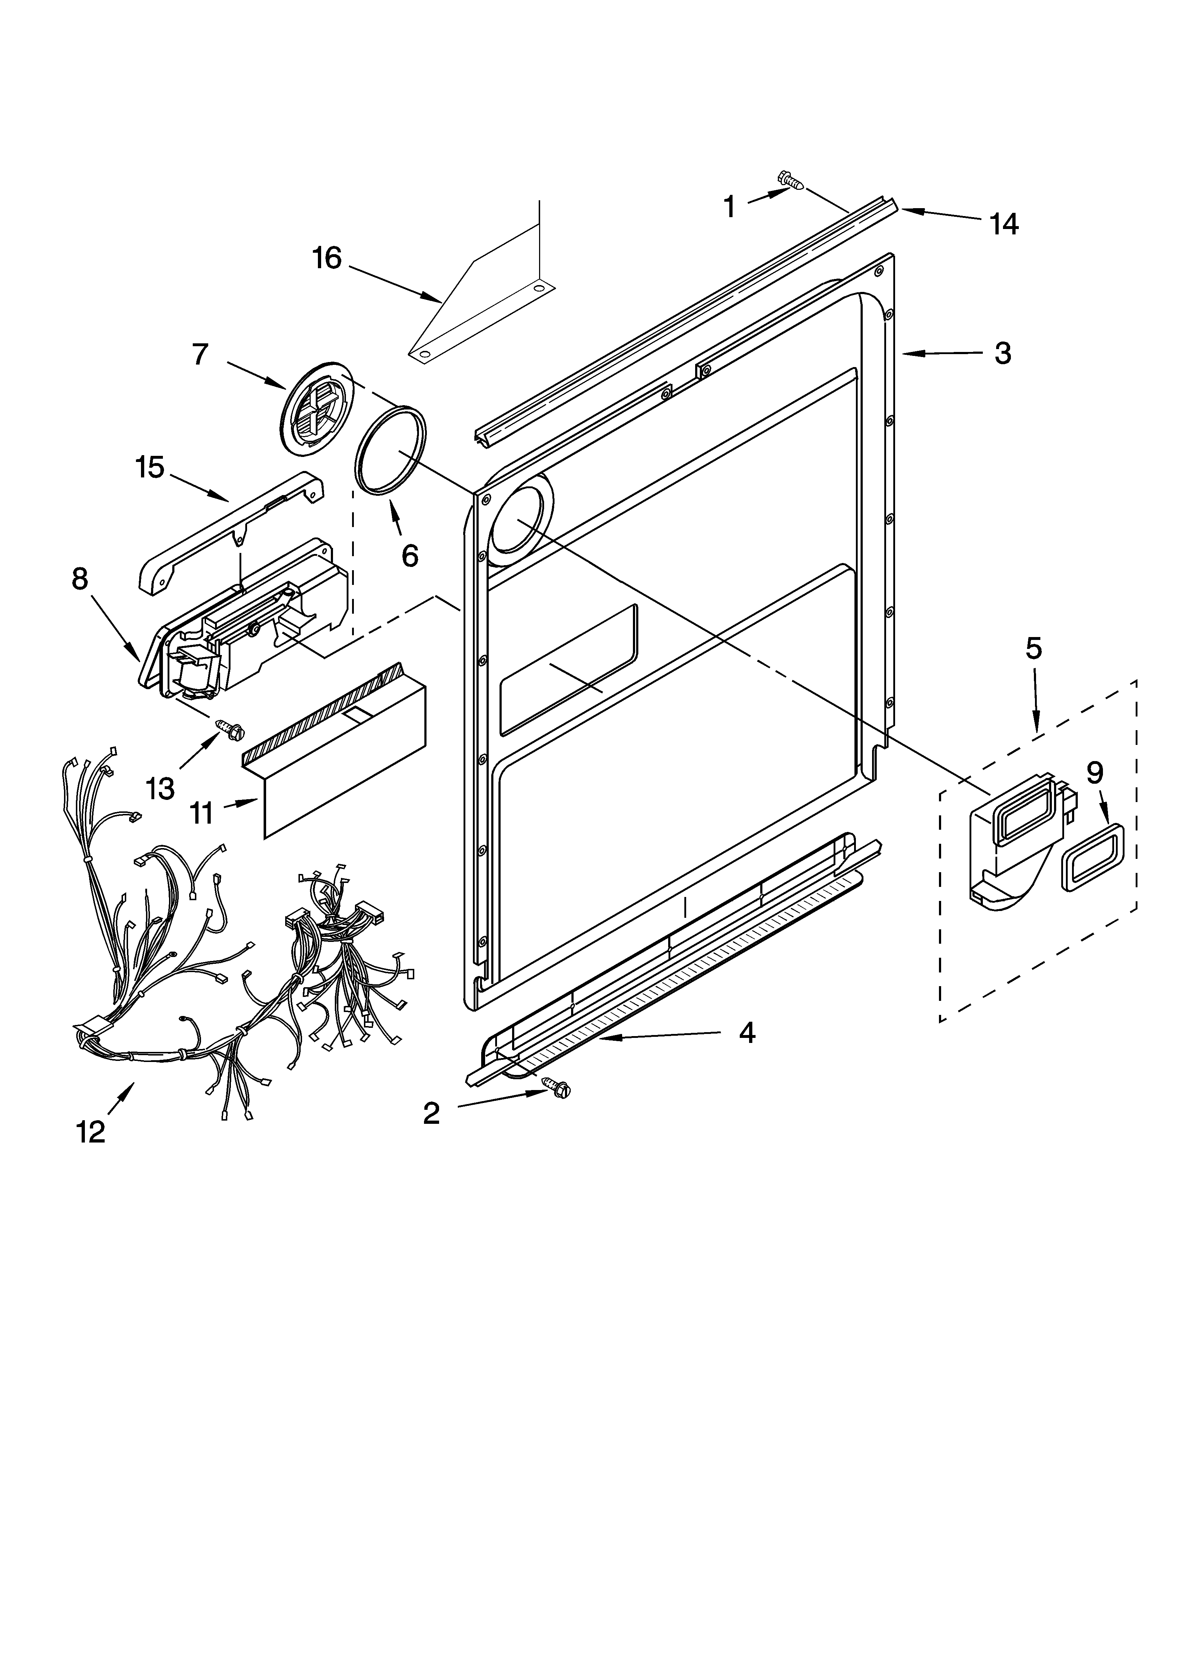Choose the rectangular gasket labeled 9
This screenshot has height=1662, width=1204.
pyautogui.click(x=1093, y=856)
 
